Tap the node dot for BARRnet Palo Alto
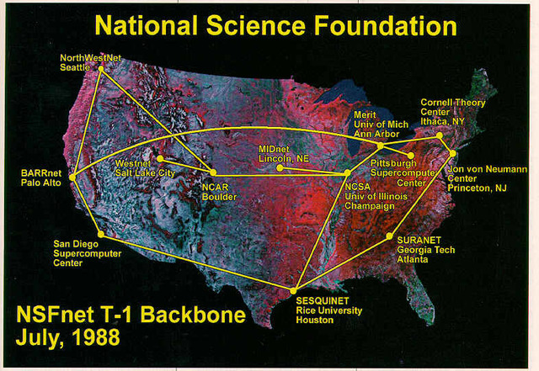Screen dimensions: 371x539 (72, 177)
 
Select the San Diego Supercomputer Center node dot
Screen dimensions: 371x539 (100, 234)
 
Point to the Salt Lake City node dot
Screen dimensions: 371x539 (157, 157)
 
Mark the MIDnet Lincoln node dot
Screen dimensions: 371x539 (280, 167)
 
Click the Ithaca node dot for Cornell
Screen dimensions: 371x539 (440, 135)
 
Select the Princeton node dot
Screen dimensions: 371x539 (452, 153)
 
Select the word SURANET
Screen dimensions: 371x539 (419, 240)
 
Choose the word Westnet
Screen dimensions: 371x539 (133, 162)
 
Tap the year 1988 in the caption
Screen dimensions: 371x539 (93, 338)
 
